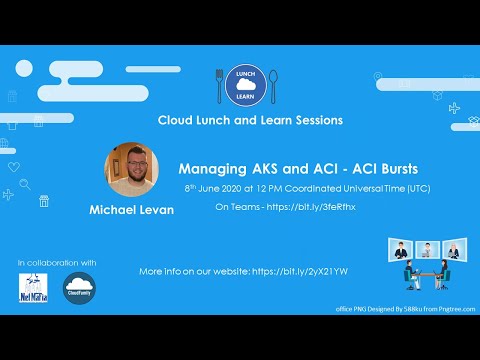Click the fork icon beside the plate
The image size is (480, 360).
[x=220, y=85]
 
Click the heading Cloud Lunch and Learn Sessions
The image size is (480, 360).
[x=250, y=120]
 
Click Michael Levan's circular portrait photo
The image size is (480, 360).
[x=132, y=168]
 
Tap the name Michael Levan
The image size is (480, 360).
[x=130, y=211]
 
